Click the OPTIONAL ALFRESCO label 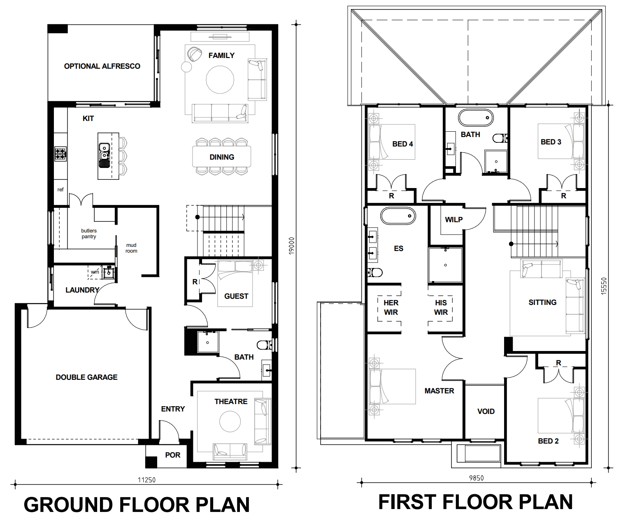[102, 66]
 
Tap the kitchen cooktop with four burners [60, 154]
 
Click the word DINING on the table [222, 157]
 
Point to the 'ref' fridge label [60, 190]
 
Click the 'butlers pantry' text [88, 234]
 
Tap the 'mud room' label [131, 248]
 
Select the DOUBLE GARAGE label [86, 377]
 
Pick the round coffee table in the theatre [230, 421]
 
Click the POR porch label [173, 455]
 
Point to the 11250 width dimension [146, 480]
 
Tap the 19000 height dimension [291, 246]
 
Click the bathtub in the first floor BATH [476, 118]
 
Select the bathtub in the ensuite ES [398, 216]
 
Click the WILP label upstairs [454, 220]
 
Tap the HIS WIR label [441, 307]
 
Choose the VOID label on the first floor [486, 411]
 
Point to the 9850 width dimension [476, 478]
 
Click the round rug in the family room [220, 80]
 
